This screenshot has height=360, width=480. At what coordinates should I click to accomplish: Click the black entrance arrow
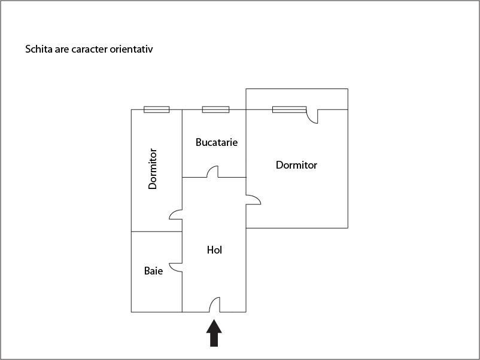[x=214, y=333]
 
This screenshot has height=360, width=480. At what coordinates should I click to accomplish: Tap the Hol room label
[x=214, y=250]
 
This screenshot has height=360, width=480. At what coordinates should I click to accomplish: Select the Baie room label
[x=153, y=271]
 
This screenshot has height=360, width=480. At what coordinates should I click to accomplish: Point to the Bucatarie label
[x=217, y=142]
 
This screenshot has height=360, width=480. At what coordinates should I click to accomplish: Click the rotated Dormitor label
[x=153, y=169]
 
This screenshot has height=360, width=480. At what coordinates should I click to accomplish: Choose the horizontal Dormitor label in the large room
[x=296, y=165]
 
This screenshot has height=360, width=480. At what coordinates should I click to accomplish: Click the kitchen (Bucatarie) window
[x=215, y=109]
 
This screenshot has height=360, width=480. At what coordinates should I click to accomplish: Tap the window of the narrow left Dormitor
[x=156, y=109]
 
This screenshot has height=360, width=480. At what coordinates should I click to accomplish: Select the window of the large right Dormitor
[x=289, y=109]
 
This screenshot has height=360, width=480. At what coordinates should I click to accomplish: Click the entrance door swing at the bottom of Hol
[x=215, y=304]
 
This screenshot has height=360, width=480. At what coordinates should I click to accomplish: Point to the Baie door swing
[x=176, y=267]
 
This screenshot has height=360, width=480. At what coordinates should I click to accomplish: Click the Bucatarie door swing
[x=212, y=172]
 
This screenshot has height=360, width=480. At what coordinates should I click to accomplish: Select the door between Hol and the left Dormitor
[x=176, y=215]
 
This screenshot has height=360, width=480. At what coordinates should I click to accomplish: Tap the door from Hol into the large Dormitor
[x=254, y=199]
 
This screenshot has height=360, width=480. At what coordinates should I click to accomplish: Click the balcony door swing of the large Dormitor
[x=312, y=117]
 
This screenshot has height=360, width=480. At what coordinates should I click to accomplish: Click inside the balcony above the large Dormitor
[x=297, y=99]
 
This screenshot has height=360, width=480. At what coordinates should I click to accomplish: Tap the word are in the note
[x=62, y=50]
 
